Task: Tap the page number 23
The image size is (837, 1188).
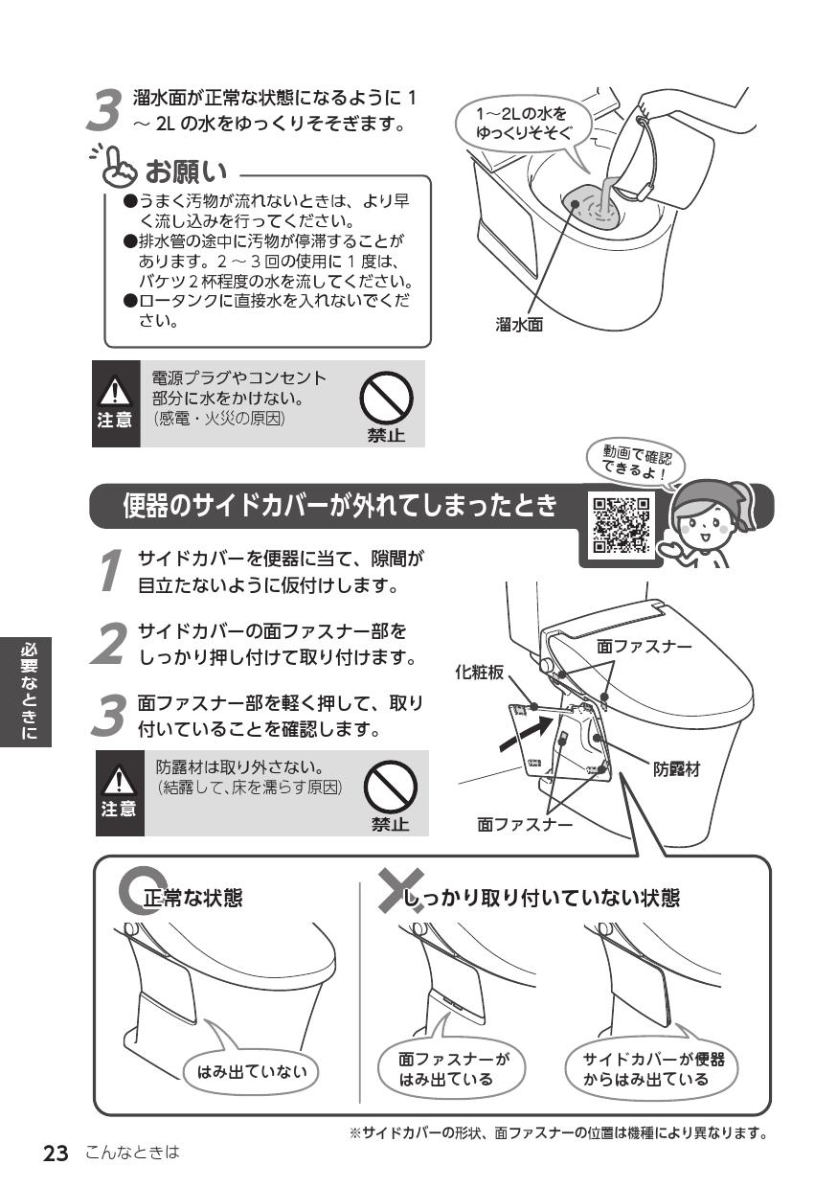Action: pyautogui.click(x=56, y=1154)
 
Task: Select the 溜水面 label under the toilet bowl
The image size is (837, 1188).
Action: pyautogui.click(x=518, y=325)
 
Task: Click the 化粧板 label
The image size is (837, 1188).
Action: pyautogui.click(x=479, y=674)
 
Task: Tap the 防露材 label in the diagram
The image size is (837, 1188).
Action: pyautogui.click(x=676, y=768)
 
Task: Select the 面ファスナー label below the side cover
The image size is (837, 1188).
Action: pyautogui.click(x=525, y=823)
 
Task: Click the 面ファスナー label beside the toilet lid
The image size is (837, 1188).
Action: pyautogui.click(x=644, y=647)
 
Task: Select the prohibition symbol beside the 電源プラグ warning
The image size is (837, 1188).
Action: pyautogui.click(x=385, y=398)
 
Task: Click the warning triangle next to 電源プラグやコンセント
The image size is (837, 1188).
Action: pyautogui.click(x=116, y=391)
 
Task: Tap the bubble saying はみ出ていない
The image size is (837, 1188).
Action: pyautogui.click(x=252, y=1071)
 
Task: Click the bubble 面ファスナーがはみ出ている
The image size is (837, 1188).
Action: pyautogui.click(x=453, y=1069)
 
